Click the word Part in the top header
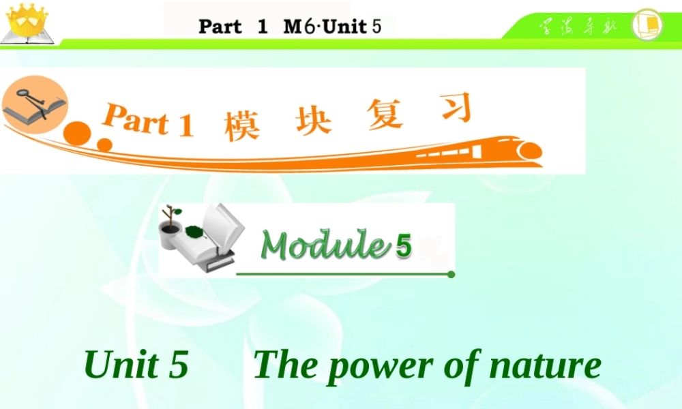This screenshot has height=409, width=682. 220,27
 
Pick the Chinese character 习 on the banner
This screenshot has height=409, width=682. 454,108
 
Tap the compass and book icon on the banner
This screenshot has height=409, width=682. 34,106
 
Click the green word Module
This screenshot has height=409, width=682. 323,245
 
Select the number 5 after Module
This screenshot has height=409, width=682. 403,246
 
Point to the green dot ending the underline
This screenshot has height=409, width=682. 451,275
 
